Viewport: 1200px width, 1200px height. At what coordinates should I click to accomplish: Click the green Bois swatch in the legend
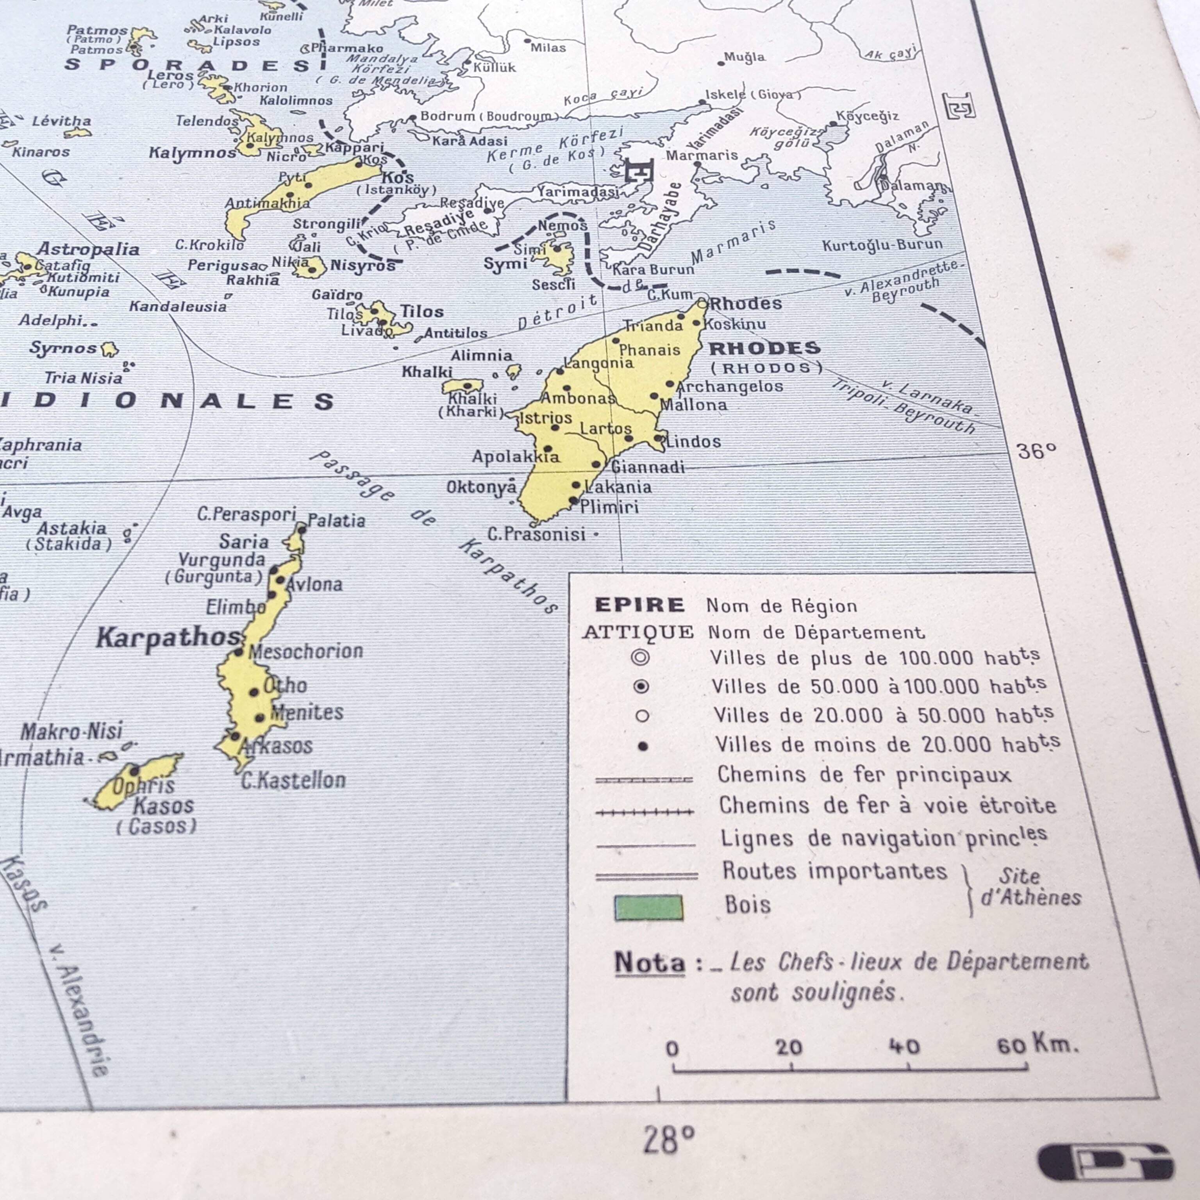[648, 908]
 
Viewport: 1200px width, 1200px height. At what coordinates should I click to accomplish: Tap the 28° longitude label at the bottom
[668, 1140]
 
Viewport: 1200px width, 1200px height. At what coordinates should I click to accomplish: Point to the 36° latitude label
[1036, 451]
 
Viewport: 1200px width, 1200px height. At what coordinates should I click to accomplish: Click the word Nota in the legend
[650, 963]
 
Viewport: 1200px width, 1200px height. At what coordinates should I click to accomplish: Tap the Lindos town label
[693, 442]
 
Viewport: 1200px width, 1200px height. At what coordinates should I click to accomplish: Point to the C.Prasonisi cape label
[537, 534]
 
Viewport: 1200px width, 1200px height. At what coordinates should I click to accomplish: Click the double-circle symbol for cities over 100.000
[640, 657]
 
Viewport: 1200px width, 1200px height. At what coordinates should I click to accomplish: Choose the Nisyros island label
[363, 266]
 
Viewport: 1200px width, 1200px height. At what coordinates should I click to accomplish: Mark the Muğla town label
[745, 57]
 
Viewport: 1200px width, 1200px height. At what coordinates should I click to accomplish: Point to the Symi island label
[505, 264]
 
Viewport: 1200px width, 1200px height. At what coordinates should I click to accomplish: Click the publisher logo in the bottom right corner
[1105, 1161]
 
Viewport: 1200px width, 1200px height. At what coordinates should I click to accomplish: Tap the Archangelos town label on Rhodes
[730, 386]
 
